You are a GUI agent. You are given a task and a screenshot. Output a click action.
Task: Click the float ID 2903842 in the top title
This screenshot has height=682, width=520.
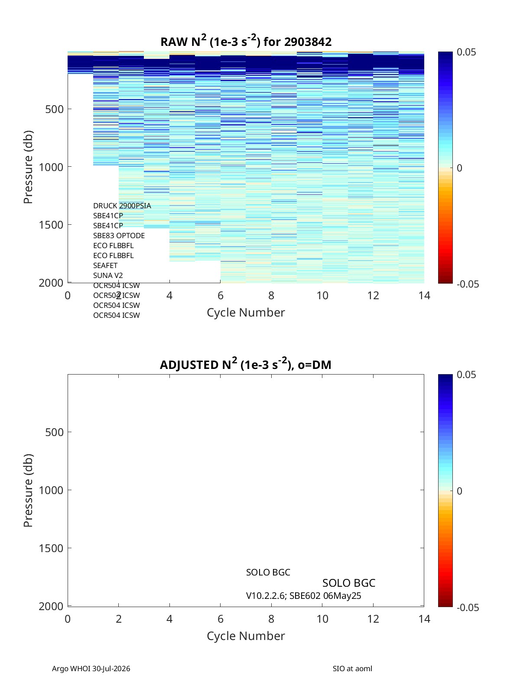click(308, 42)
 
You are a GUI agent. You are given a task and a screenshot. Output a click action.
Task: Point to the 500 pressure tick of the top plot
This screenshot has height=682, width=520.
click(55, 109)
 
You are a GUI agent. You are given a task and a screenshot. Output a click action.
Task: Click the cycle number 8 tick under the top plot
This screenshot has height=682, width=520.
click(271, 295)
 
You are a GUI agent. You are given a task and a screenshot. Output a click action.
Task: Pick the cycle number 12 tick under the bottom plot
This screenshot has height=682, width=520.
click(373, 619)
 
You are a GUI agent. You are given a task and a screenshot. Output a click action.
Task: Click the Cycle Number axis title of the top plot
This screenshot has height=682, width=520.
click(246, 313)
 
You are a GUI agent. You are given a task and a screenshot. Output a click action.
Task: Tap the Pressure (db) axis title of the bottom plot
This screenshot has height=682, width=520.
click(28, 490)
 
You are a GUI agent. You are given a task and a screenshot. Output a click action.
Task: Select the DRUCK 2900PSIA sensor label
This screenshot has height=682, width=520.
click(122, 206)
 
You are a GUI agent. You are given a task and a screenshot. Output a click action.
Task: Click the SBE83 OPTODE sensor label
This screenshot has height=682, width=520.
click(119, 236)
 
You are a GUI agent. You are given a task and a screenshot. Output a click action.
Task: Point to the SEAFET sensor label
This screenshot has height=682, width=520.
click(105, 265)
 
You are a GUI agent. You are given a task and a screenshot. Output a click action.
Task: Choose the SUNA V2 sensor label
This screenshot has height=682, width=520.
click(108, 275)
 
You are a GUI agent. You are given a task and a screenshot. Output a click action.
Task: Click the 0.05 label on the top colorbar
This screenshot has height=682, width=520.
click(466, 52)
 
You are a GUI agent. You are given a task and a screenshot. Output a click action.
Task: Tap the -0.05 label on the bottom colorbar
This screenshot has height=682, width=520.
click(468, 607)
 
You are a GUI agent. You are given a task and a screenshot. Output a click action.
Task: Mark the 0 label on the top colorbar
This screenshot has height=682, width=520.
click(459, 168)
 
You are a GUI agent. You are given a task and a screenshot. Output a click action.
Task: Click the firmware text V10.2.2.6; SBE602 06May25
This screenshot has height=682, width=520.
click(303, 596)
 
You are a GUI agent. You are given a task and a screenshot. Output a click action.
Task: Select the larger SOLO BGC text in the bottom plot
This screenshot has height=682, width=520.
click(349, 583)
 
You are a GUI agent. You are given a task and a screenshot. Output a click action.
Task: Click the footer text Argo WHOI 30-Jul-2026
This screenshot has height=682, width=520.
click(91, 669)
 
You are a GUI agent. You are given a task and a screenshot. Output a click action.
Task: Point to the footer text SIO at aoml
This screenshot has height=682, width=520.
click(352, 669)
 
